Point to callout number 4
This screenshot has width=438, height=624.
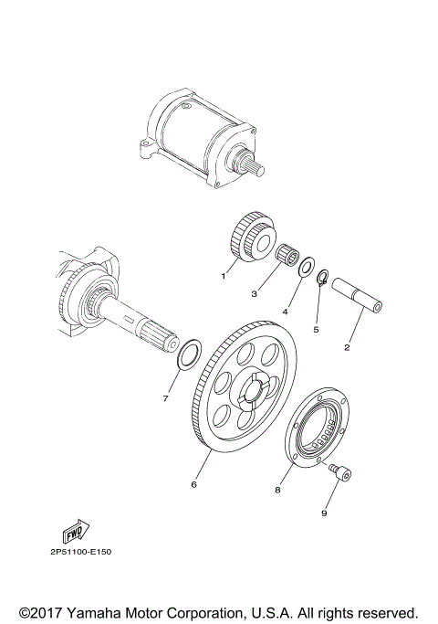pyautogui.click(x=285, y=312)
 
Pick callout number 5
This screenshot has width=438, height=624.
pyautogui.click(x=316, y=330)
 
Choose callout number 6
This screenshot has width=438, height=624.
pyautogui.click(x=193, y=484)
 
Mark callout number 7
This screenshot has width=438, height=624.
pyautogui.click(x=164, y=398)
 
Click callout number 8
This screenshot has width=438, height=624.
pyautogui.click(x=278, y=490)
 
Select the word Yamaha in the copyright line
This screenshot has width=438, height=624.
pyautogui.click(x=98, y=610)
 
